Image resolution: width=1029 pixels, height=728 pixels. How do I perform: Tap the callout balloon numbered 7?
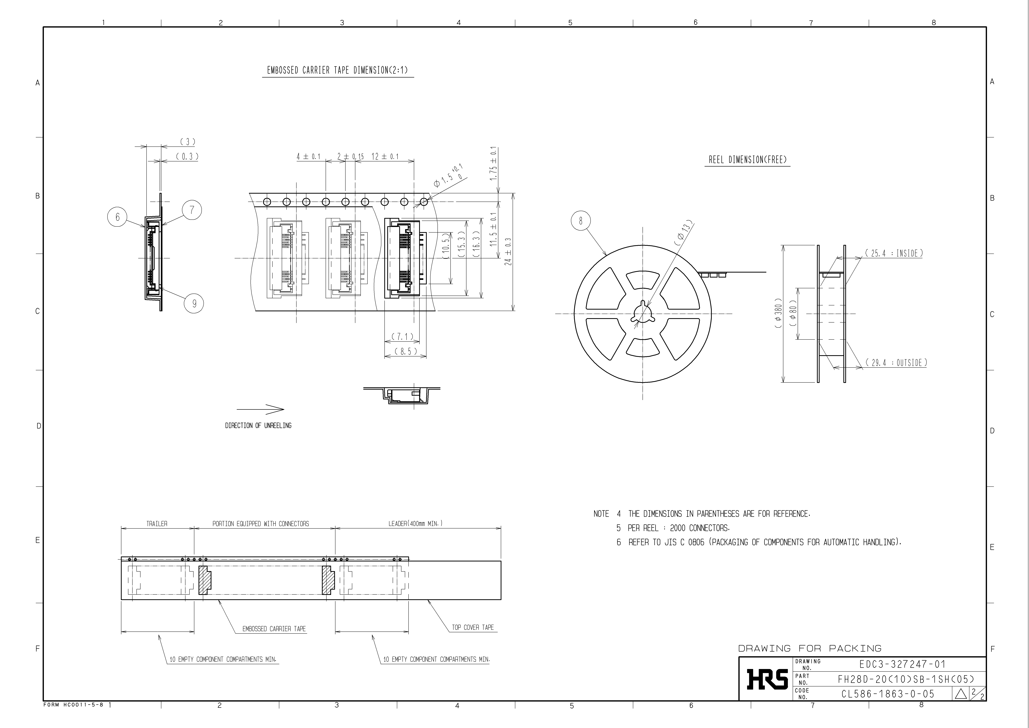coord(192,210)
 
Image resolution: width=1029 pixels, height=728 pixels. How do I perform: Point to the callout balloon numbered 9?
coord(194,304)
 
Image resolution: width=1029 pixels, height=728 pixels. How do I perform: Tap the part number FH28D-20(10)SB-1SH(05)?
coord(905,679)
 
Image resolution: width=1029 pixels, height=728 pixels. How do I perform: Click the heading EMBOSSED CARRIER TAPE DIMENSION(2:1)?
coord(337,70)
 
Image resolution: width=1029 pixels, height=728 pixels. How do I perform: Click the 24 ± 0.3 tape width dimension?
coord(508,252)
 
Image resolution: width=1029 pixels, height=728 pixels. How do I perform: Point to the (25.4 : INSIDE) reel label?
coord(894,253)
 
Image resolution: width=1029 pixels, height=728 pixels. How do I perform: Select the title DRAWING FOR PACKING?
coord(809,648)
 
